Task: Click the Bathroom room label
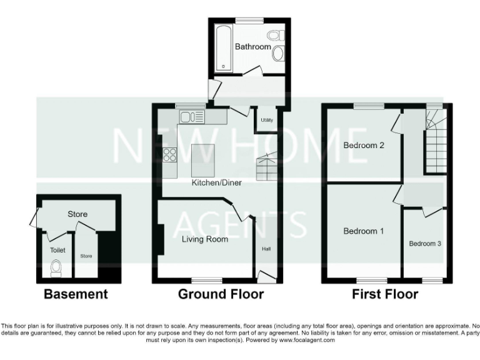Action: [252, 47]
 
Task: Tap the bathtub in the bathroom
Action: [223, 48]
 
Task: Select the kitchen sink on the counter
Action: [191, 116]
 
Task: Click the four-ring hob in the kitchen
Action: [169, 154]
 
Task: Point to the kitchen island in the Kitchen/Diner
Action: [202, 161]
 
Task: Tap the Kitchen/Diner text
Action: [216, 183]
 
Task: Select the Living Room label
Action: [204, 239]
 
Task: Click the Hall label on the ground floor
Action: [266, 249]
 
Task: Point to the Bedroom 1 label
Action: [363, 231]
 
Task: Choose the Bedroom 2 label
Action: [363, 146]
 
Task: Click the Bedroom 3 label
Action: [425, 243]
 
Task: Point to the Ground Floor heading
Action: [221, 294]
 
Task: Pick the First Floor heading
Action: [385, 294]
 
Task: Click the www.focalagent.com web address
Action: [305, 340]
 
